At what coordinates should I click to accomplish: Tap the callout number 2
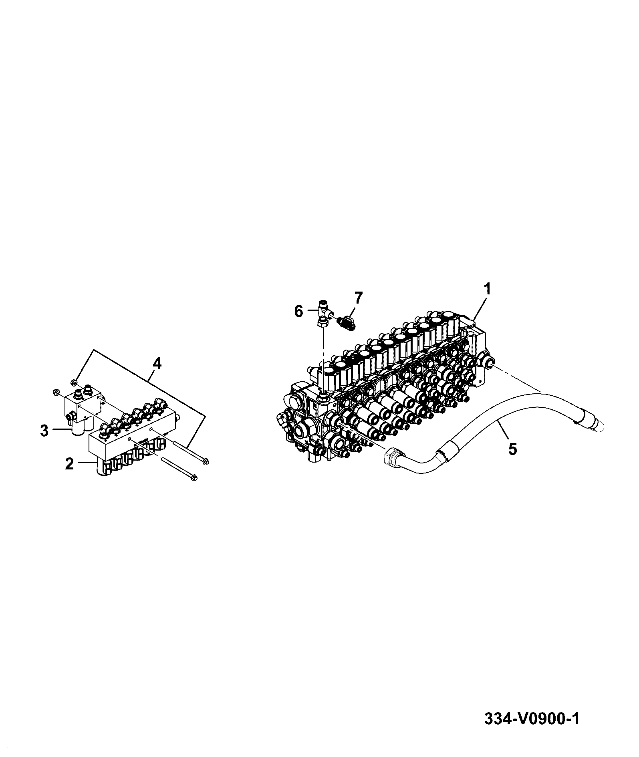70,464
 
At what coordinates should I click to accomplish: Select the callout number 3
44,431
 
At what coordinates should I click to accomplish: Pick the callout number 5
512,449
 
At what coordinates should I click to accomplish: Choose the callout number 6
299,311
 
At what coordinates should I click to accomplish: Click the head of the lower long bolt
194,477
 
